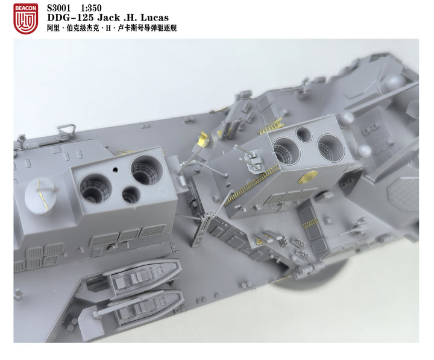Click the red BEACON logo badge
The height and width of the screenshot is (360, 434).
[x=25, y=17]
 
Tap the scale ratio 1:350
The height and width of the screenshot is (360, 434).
[x=90, y=8]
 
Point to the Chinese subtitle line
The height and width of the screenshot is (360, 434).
[x=112, y=28]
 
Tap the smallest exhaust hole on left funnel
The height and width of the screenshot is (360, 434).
[x=130, y=194]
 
